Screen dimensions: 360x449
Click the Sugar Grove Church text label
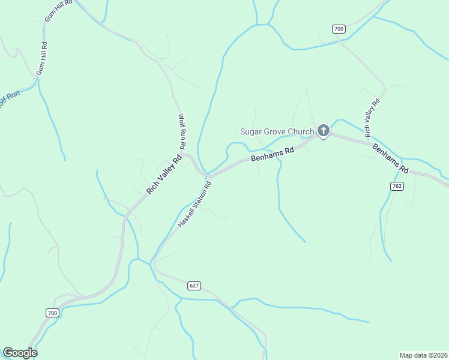click(277, 132)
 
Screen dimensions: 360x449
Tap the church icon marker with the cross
click(323, 130)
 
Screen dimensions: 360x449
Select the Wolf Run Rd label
click(182, 132)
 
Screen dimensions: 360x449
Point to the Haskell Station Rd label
click(196, 204)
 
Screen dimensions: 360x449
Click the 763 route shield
click(396, 186)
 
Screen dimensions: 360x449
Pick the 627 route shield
click(193, 285)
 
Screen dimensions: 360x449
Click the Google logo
click(20, 353)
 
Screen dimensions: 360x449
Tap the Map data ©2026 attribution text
click(423, 355)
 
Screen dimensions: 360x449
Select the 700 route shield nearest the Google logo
click(52, 313)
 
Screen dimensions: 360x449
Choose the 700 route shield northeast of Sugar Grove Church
click(339, 29)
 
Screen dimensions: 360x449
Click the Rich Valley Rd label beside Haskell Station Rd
click(164, 175)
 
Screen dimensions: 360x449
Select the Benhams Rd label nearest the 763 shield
click(390, 158)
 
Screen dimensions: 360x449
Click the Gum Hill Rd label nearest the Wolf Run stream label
click(42, 58)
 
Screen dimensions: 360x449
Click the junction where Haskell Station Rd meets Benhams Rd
click(208, 176)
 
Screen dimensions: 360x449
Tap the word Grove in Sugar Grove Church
click(277, 132)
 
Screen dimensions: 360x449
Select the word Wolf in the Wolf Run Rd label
click(181, 119)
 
